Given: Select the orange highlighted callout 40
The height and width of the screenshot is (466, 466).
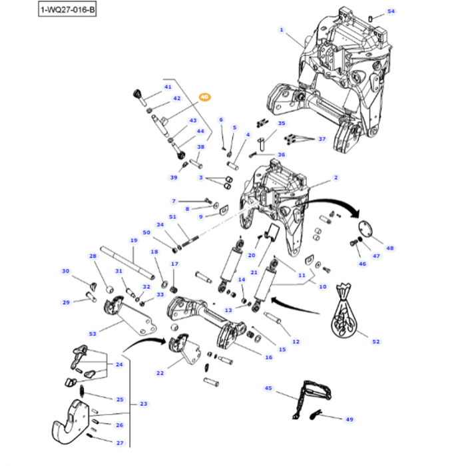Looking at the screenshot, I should (204, 97).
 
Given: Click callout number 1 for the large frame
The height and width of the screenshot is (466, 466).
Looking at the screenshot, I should (281, 30).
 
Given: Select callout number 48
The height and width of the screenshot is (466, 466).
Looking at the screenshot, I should (390, 248).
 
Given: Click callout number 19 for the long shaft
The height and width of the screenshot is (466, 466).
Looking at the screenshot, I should (133, 240).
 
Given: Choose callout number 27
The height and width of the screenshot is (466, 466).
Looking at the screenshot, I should (120, 443).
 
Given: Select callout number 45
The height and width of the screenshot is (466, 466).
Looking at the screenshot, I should (268, 387).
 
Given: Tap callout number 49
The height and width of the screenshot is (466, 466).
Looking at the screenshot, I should (349, 419).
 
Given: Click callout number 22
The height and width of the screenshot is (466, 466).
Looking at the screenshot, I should (160, 373).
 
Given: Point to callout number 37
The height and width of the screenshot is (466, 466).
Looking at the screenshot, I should (322, 139).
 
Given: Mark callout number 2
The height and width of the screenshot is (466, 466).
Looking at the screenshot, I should (336, 178).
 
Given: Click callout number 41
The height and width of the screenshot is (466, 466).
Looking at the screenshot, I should (168, 87).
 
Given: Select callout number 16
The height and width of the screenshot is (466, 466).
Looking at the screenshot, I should (268, 357).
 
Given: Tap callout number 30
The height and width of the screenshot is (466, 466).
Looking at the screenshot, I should (65, 271).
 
